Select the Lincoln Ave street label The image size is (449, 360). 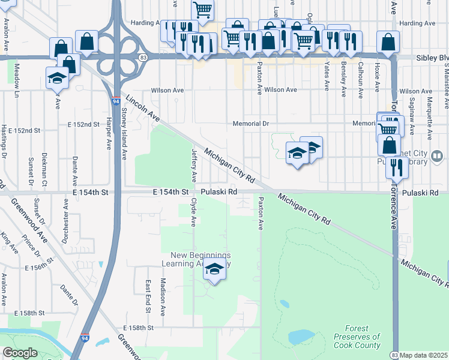[x=142, y=108]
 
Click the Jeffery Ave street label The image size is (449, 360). [x=194, y=165]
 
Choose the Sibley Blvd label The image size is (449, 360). [x=432, y=58]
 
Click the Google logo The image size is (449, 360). [x=20, y=353]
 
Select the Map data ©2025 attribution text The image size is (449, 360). [x=424, y=355]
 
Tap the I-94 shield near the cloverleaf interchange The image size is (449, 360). [x=115, y=102]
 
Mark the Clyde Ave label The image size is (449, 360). [x=193, y=212]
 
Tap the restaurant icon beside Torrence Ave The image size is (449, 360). [x=397, y=167]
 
